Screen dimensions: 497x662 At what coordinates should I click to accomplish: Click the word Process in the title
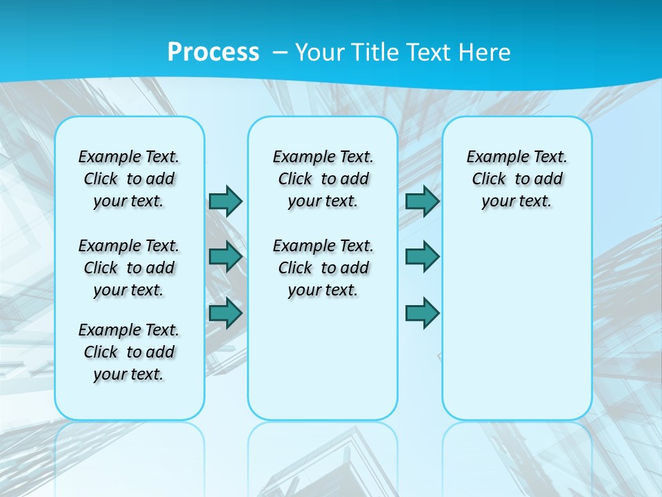(213, 52)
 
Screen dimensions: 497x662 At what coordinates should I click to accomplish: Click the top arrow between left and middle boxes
(225, 201)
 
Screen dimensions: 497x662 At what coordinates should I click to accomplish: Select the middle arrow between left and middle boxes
(225, 257)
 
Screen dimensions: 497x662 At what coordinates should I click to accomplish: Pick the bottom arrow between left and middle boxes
(225, 313)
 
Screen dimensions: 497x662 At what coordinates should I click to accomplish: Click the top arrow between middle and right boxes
(423, 201)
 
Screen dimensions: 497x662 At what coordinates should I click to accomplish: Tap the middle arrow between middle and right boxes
(423, 257)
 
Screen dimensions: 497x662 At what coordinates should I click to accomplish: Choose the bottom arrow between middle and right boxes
(423, 313)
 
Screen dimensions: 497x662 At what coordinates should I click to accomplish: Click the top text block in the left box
(129, 179)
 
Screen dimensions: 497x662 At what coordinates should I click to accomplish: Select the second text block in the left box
(129, 268)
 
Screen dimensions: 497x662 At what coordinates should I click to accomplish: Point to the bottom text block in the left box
(129, 352)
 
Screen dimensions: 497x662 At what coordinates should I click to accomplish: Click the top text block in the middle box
(323, 179)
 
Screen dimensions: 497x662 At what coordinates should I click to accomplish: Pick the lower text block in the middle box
(323, 268)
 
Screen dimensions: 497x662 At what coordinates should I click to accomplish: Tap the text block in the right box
(516, 179)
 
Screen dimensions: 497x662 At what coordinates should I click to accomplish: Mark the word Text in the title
(432, 52)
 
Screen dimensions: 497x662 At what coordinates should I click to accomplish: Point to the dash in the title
(280, 52)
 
